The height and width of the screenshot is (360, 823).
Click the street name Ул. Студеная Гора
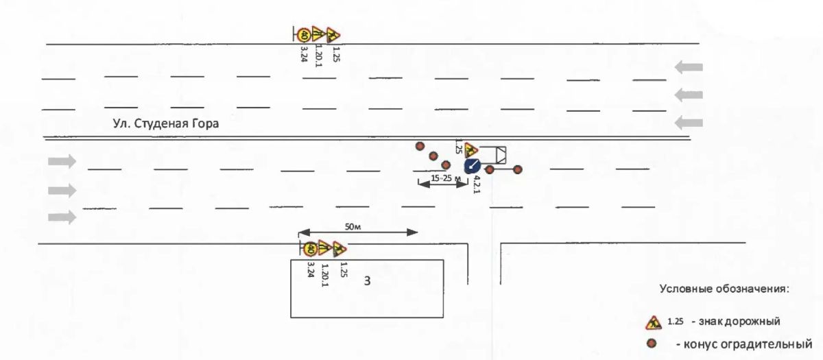click(x=166, y=124)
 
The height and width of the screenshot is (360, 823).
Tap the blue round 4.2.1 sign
click(x=473, y=166)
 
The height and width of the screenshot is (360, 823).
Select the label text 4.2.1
click(x=477, y=184)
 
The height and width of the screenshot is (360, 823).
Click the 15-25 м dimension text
click(x=446, y=178)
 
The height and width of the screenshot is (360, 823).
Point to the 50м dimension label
click(x=353, y=227)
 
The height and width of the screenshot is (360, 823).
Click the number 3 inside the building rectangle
click(x=367, y=281)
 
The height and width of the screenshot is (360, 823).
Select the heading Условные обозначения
click(x=724, y=289)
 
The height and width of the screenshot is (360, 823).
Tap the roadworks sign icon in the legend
click(x=653, y=322)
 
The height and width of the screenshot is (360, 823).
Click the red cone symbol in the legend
click(x=652, y=344)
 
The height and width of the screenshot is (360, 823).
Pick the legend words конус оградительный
click(x=744, y=344)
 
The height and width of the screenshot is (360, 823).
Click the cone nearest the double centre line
click(x=420, y=146)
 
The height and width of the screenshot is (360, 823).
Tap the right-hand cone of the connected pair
click(x=517, y=169)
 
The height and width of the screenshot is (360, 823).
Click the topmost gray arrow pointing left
click(x=689, y=67)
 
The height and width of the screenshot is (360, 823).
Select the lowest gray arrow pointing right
click(x=62, y=217)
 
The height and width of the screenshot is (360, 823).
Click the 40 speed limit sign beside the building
click(x=310, y=250)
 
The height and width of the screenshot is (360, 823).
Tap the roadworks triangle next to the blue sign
click(x=470, y=150)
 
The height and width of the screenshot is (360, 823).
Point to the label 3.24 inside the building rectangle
click(x=311, y=269)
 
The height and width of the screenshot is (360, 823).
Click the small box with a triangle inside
click(x=501, y=155)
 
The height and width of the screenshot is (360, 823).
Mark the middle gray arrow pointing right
click(x=62, y=191)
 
